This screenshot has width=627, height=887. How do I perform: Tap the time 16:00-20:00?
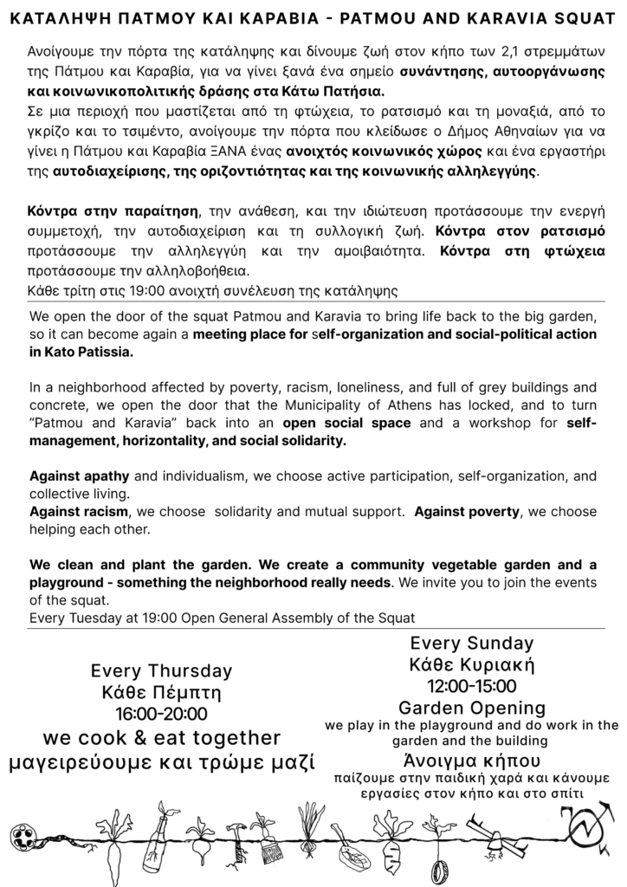162,715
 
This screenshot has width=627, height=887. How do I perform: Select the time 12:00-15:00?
471,686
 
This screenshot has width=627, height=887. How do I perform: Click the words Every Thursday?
162,670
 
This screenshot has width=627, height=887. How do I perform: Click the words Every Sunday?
471,644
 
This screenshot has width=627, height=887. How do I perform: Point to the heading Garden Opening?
471,707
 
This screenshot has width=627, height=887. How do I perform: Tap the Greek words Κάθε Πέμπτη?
162,693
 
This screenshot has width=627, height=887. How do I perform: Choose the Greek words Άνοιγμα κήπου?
471,761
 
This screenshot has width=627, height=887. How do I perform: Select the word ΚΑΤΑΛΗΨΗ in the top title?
54,15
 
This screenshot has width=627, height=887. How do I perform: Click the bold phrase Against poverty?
467,512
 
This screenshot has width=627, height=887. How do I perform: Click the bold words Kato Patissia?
81,353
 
